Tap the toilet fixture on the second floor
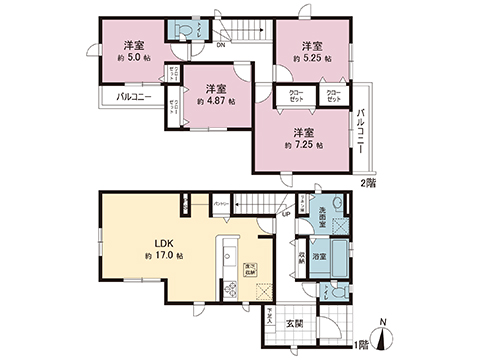(x=181, y=32)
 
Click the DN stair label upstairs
(x=222, y=43)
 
